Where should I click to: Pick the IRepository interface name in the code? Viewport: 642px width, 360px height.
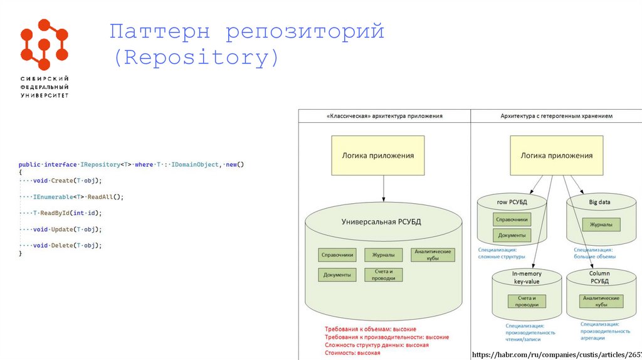tap(100, 164)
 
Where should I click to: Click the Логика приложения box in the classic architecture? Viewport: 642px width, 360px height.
tap(377, 156)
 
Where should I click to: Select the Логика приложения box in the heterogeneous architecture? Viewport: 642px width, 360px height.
tap(555, 156)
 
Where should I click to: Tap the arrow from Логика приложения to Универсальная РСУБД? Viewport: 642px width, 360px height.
tap(384, 188)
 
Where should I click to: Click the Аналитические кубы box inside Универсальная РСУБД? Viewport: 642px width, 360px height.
tap(433, 255)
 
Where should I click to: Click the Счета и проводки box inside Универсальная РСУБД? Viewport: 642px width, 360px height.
tap(384, 275)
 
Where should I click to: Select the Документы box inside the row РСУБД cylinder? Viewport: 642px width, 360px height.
tap(512, 235)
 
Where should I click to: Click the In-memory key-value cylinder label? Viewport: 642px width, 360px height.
tap(525, 278)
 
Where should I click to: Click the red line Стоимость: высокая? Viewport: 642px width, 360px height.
tap(352, 353)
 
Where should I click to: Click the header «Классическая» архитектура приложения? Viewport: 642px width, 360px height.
tap(384, 116)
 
